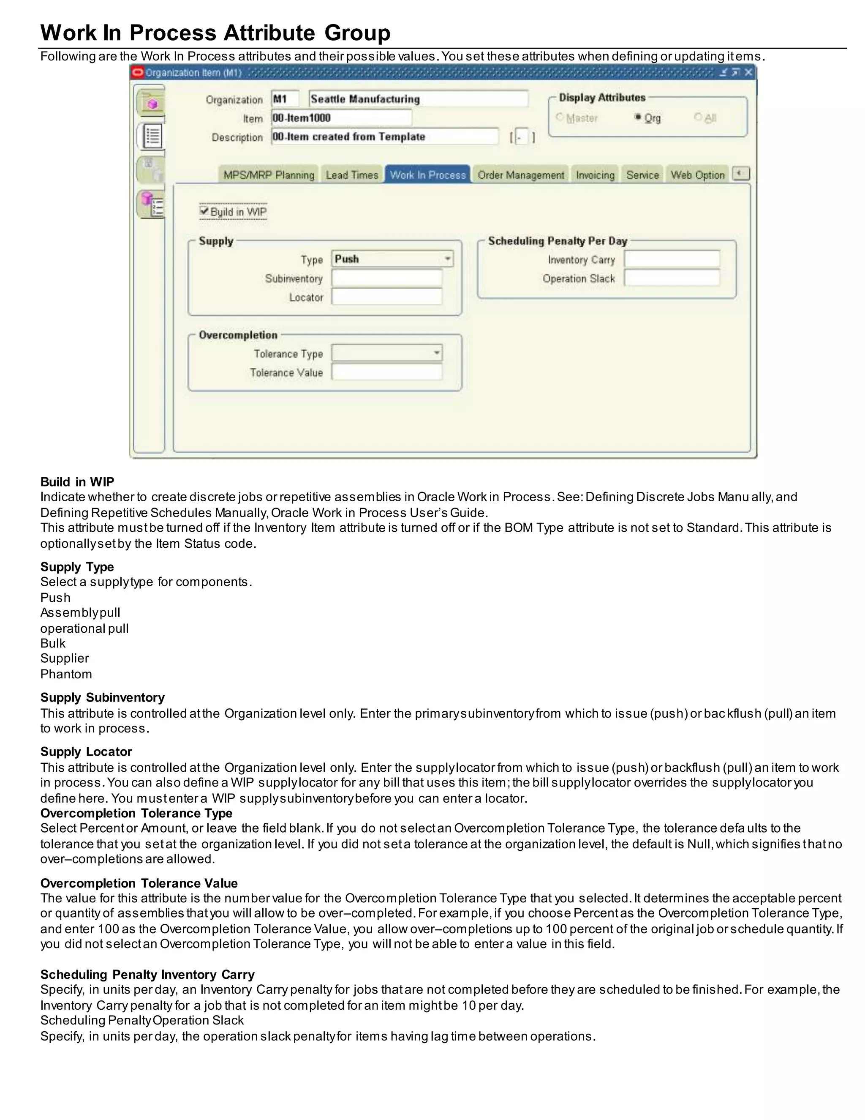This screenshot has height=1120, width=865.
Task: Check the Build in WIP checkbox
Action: click(204, 211)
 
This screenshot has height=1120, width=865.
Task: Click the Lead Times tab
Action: click(351, 175)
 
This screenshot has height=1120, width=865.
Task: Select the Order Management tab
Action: click(521, 175)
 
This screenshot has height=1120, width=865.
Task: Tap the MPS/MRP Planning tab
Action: click(269, 175)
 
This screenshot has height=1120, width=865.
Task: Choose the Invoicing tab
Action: click(595, 175)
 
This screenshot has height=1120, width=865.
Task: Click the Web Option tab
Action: click(697, 175)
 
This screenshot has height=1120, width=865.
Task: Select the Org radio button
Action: click(638, 117)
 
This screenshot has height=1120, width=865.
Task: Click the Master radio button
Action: click(560, 117)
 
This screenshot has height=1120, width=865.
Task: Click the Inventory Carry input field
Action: click(671, 260)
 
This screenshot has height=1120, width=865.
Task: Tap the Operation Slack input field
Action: click(671, 279)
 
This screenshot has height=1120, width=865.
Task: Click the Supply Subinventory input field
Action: click(386, 279)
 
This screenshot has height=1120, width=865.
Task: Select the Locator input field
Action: click(386, 297)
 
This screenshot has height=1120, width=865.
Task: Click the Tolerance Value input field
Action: click(386, 372)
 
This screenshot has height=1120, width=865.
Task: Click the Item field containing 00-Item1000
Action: click(341, 118)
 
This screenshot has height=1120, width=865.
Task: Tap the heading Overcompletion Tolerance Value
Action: click(139, 883)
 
